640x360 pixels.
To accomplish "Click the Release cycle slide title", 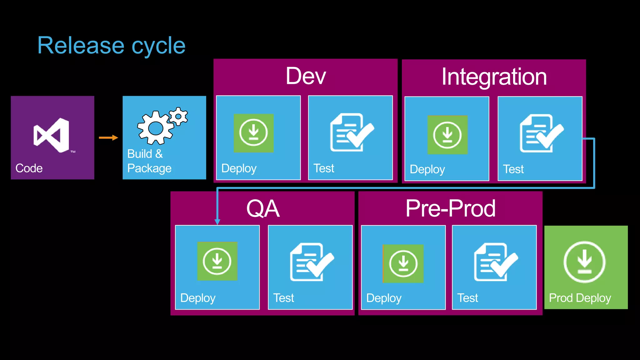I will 111,46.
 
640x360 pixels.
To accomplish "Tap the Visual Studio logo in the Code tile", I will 52,135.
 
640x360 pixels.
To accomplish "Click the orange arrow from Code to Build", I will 108,137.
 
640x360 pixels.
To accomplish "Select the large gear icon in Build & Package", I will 155,128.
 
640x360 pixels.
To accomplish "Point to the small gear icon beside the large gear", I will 178,117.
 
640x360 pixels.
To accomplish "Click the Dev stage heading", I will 306,76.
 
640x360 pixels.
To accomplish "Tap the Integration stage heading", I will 494,77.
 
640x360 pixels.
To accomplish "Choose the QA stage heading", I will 262,209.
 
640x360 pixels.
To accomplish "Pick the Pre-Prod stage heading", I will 450,208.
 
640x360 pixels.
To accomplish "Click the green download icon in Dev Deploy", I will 253,133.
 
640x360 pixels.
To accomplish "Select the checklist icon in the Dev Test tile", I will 352,132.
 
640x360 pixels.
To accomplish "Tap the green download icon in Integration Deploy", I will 447,135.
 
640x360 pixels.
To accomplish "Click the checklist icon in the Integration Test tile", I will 541,133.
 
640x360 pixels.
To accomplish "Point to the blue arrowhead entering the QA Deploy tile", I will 217,222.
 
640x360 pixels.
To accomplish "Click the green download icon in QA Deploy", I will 217,261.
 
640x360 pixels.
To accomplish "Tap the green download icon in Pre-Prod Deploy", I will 403,264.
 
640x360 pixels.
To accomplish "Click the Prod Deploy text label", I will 580,298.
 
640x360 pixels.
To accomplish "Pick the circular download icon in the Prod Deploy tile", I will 584,262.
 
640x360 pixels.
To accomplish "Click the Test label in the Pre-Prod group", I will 467,298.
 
